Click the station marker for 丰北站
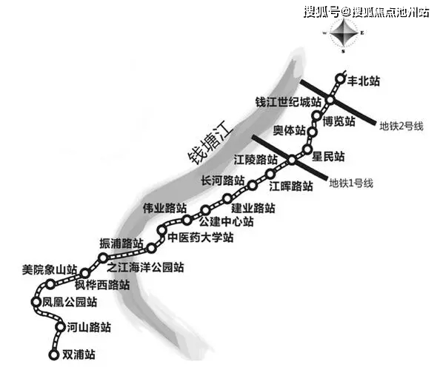pyautogui.click(x=340, y=78)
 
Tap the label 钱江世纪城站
pyautogui.click(x=288, y=102)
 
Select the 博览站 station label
pyautogui.click(x=339, y=121)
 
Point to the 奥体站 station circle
pyautogui.click(x=313, y=131)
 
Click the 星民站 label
pyautogui.click(x=328, y=156)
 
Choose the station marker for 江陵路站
pyautogui.click(x=292, y=160)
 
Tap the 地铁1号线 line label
pyautogui.click(x=351, y=183)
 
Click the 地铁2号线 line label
pyautogui.click(x=401, y=127)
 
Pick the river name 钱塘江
pyautogui.click(x=210, y=146)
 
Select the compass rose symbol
pyautogui.click(x=344, y=33)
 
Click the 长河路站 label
pyautogui.click(x=223, y=181)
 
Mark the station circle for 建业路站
pyautogui.click(x=227, y=198)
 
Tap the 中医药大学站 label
pyautogui.click(x=201, y=238)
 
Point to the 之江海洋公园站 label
pyautogui.click(x=145, y=267)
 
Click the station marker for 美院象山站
pyautogui.click(x=50, y=284)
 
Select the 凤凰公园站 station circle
pyautogui.click(x=36, y=302)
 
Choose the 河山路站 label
pyautogui.click(x=89, y=327)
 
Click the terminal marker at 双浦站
pyautogui.click(x=53, y=354)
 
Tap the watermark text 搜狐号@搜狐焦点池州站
pyautogui.click(x=366, y=13)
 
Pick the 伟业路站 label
pyautogui.click(x=164, y=208)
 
